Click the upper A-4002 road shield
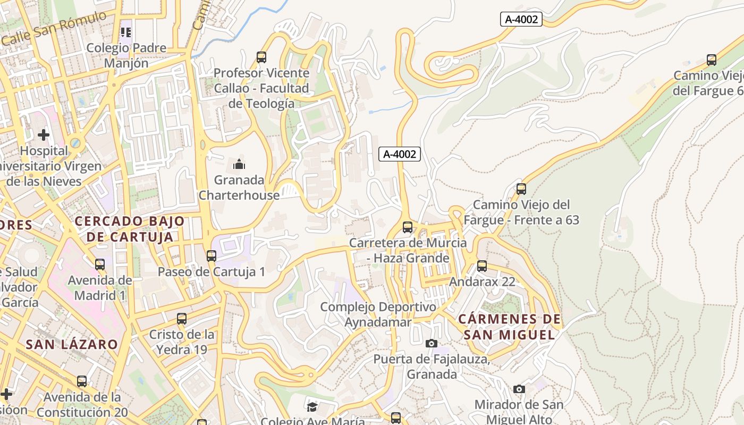click(521, 20)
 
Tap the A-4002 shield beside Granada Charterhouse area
click(400, 154)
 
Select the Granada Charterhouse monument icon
click(239, 164)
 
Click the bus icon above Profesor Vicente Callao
click(261, 57)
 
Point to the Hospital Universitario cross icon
click(44, 135)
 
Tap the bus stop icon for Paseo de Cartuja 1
click(212, 256)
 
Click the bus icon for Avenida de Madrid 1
click(100, 264)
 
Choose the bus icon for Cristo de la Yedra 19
click(182, 319)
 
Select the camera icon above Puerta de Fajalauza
click(432, 343)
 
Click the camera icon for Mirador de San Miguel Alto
click(519, 389)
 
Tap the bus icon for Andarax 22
click(482, 266)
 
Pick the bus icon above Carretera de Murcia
click(408, 227)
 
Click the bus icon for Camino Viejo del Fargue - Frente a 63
click(521, 189)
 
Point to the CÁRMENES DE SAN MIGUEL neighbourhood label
click(509, 327)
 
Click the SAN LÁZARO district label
click(72, 344)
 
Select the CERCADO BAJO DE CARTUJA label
click(130, 229)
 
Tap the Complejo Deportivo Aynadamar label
click(378, 314)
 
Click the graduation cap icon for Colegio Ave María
click(312, 407)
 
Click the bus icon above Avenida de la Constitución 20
click(82, 381)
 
